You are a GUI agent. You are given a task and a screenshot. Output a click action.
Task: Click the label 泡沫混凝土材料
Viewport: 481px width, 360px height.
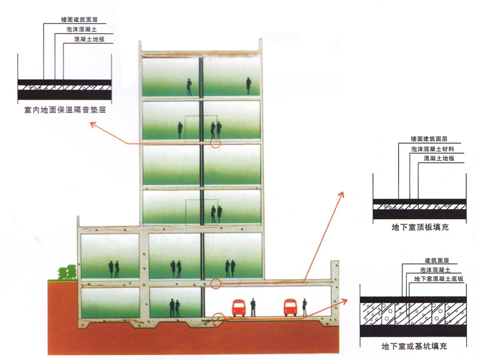[x=432, y=149]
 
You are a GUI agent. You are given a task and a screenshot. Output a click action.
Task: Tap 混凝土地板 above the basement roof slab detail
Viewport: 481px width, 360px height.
[x=440, y=158]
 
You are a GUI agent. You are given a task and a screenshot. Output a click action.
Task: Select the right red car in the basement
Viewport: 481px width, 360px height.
[x=290, y=308]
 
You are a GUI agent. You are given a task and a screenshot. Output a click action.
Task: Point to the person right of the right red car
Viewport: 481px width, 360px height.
[x=305, y=308]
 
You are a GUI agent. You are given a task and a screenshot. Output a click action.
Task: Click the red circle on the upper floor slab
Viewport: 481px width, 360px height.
[x=215, y=142]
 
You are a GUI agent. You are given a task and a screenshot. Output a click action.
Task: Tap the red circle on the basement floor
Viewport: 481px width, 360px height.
[x=218, y=317]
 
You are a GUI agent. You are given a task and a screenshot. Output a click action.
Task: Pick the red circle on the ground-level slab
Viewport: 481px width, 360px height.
[x=215, y=284]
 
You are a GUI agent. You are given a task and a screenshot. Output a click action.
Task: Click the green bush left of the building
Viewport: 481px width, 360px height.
[x=66, y=273]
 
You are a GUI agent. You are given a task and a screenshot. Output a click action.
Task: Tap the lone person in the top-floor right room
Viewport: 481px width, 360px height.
[x=249, y=85]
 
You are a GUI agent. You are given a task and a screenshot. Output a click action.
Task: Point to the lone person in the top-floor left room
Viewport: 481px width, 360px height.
[x=189, y=85]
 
